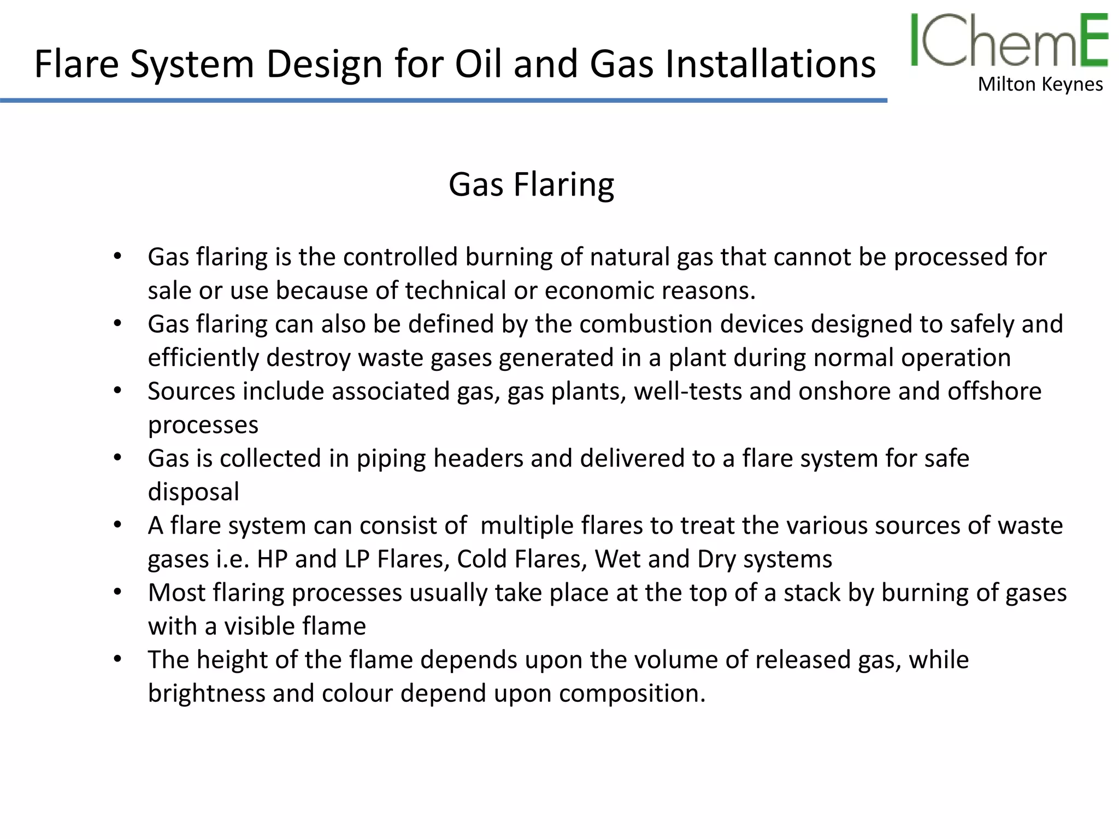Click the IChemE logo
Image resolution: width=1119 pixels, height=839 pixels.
pyautogui.click(x=1009, y=40)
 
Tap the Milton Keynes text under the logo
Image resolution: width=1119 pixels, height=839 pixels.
pyautogui.click(x=1040, y=85)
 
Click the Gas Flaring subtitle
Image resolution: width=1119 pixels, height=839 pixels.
pyautogui.click(x=531, y=185)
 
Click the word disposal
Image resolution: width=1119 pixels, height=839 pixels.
pyautogui.click(x=193, y=492)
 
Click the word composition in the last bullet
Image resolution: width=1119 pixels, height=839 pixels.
pyautogui.click(x=632, y=694)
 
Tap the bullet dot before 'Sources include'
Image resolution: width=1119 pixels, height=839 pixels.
pyautogui.click(x=117, y=391)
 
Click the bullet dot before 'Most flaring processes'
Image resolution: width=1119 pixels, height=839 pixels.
pyautogui.click(x=117, y=592)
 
